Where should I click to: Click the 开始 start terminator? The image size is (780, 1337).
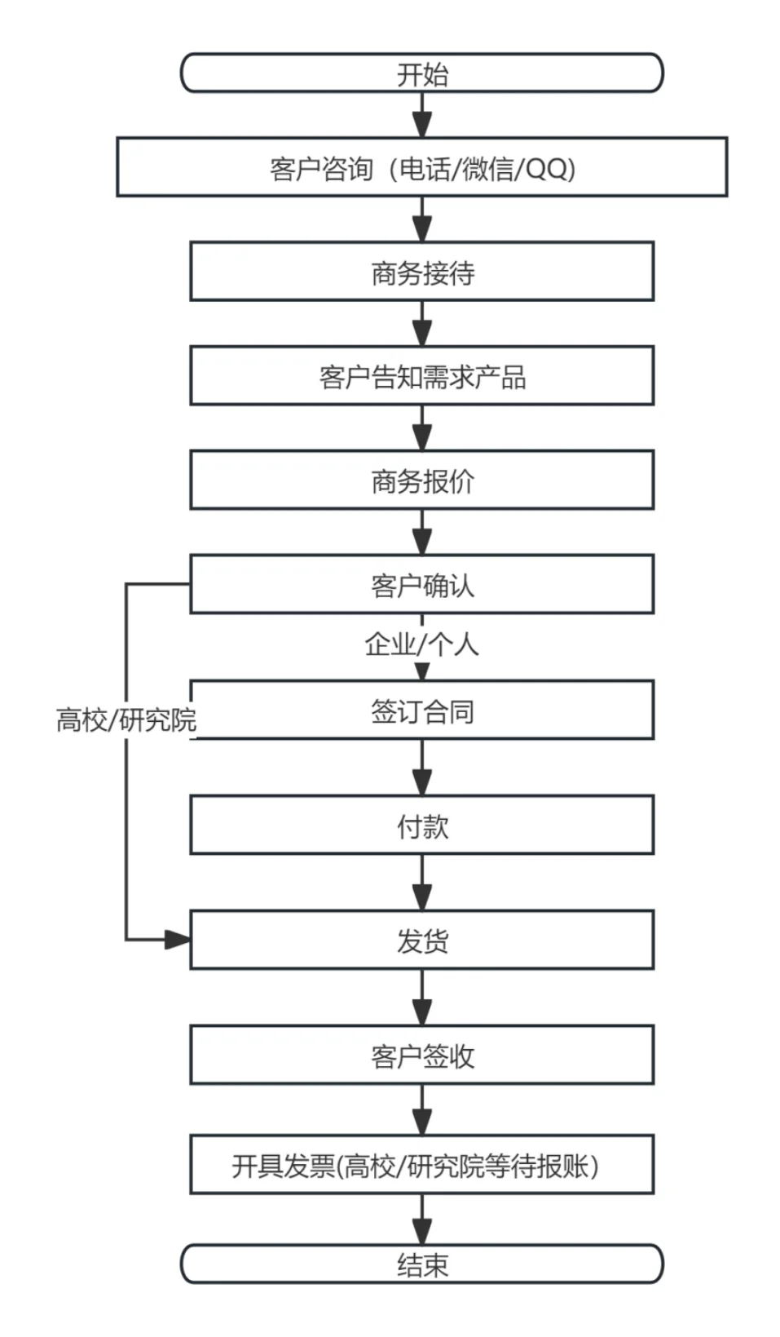[x=421, y=73]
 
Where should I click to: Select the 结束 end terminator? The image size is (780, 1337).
[x=421, y=1264]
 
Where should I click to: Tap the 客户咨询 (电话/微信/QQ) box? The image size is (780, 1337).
[x=421, y=167]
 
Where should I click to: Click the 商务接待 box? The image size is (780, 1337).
[x=421, y=272]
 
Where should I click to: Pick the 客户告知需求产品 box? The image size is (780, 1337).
[x=421, y=376]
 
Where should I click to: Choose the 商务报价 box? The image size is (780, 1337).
[x=421, y=480]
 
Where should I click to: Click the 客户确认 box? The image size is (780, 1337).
[x=421, y=584]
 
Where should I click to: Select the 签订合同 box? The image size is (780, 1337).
[x=421, y=711]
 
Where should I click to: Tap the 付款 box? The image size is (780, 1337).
[x=421, y=826]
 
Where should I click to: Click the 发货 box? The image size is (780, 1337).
[x=421, y=941]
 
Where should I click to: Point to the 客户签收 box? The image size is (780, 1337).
[x=421, y=1056]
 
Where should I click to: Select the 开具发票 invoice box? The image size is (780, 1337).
[x=421, y=1165]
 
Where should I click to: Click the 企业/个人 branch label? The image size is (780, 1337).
[x=421, y=644]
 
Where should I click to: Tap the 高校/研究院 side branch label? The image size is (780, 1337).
[x=126, y=719]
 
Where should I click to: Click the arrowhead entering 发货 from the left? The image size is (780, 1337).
[x=177, y=940]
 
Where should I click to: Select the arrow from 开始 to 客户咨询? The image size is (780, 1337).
[x=421, y=115]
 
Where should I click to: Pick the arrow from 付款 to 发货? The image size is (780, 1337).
[x=421, y=883]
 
